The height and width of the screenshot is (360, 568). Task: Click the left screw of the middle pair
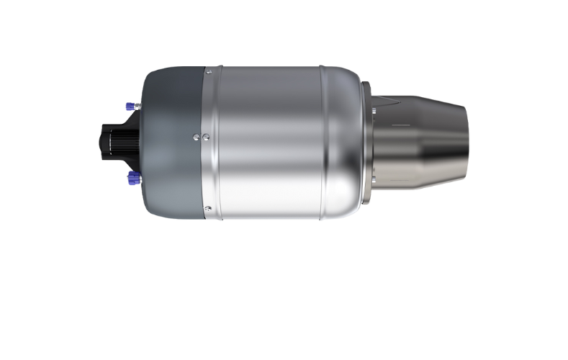point(196,135)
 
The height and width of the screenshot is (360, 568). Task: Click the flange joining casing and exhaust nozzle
point(369,144)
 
